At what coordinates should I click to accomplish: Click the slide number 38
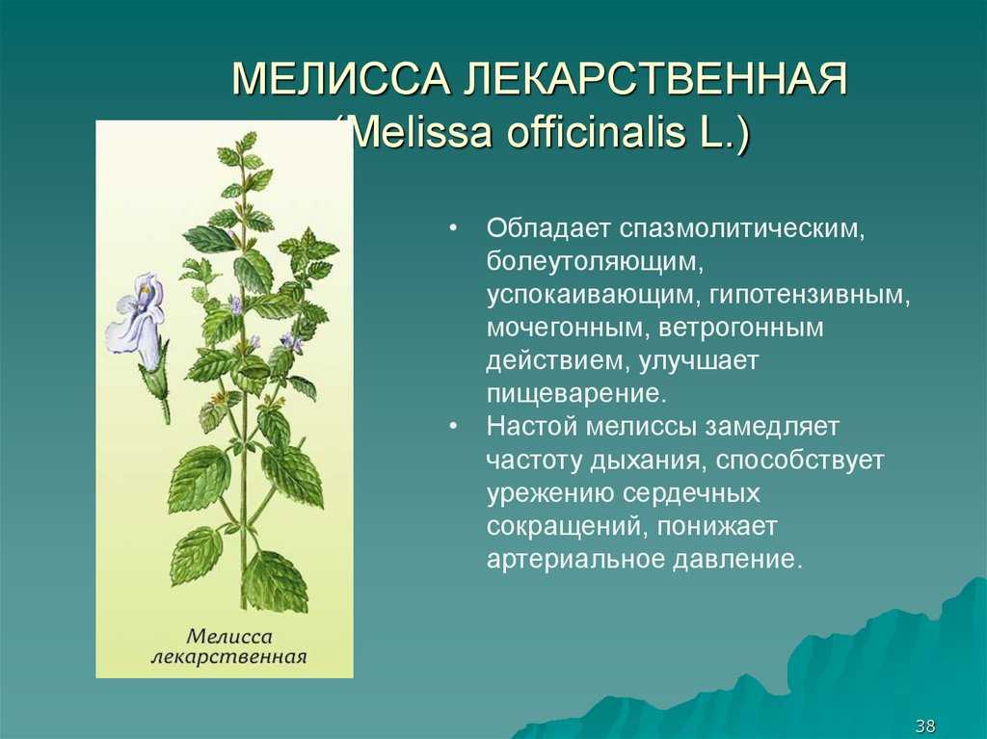(x=925, y=725)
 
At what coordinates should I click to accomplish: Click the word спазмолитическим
(x=742, y=229)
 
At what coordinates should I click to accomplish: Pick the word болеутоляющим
(x=594, y=262)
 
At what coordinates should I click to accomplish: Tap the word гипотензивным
(x=810, y=295)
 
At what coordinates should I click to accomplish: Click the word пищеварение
(x=576, y=393)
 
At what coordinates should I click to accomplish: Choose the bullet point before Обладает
(x=453, y=228)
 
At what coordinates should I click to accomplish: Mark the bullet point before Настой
(x=453, y=426)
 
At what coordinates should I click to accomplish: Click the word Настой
(x=532, y=426)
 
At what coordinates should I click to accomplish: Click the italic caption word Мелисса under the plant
(x=229, y=636)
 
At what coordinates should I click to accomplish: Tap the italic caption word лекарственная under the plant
(x=229, y=657)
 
